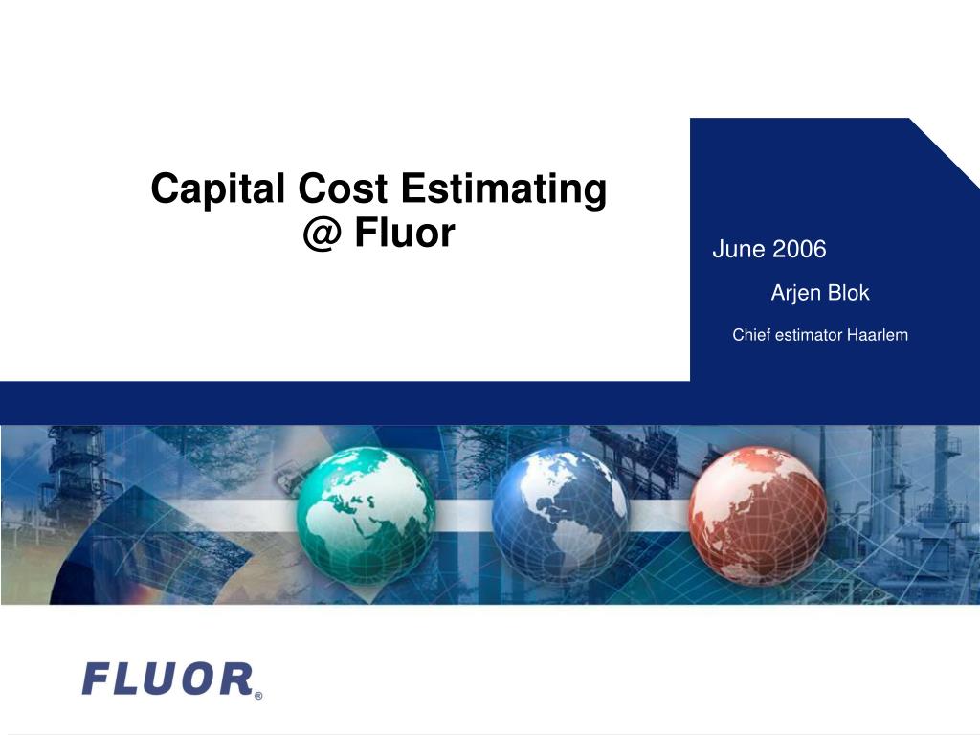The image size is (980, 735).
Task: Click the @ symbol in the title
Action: pos(323,233)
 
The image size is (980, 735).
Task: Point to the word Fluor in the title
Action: pos(404,233)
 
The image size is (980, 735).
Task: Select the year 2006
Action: pos(799,251)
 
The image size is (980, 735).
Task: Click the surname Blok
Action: pos(849,293)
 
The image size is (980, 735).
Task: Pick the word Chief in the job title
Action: pos(750,335)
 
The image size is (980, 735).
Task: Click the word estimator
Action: pos(809,335)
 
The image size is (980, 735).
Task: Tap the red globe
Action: pos(758,516)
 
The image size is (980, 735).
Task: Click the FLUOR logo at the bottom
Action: pos(167,679)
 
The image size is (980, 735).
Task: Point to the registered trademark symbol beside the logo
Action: pos(257,696)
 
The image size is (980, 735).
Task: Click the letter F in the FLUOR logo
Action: pos(97,679)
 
